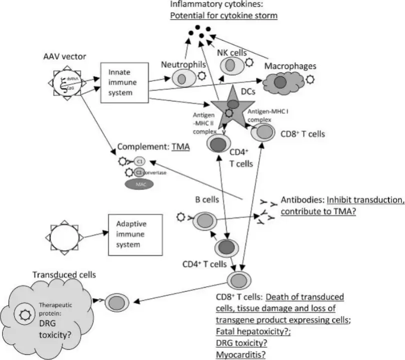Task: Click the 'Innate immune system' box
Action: click(125, 82)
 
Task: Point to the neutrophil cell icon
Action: click(183, 77)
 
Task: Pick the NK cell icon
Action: click(230, 65)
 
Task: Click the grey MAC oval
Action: click(138, 184)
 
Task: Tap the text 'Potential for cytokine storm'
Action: click(223, 15)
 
